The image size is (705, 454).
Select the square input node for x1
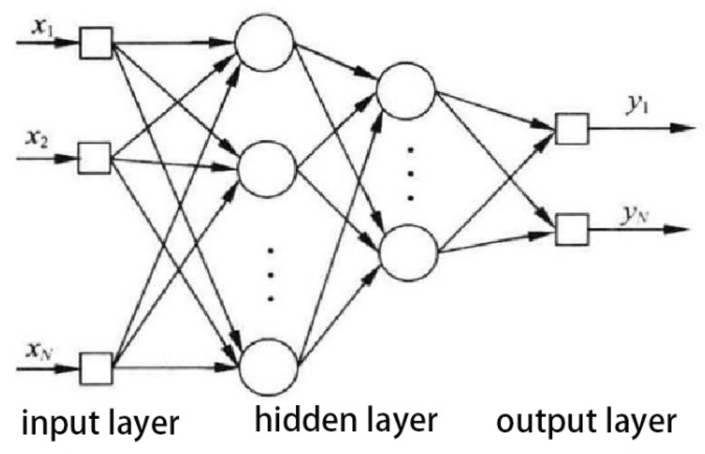tap(95, 43)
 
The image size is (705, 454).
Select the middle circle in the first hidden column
tap(268, 169)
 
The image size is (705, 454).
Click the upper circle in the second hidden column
tap(406, 90)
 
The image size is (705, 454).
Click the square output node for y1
tap(572, 128)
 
